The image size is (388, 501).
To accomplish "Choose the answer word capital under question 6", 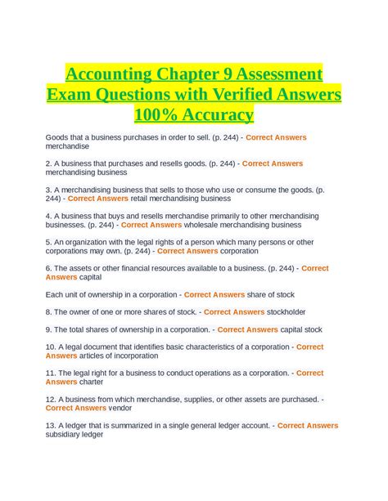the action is tap(80, 276).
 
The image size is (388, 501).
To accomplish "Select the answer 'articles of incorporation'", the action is tap(124, 356).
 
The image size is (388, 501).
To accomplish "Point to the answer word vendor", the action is tap(123, 408).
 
